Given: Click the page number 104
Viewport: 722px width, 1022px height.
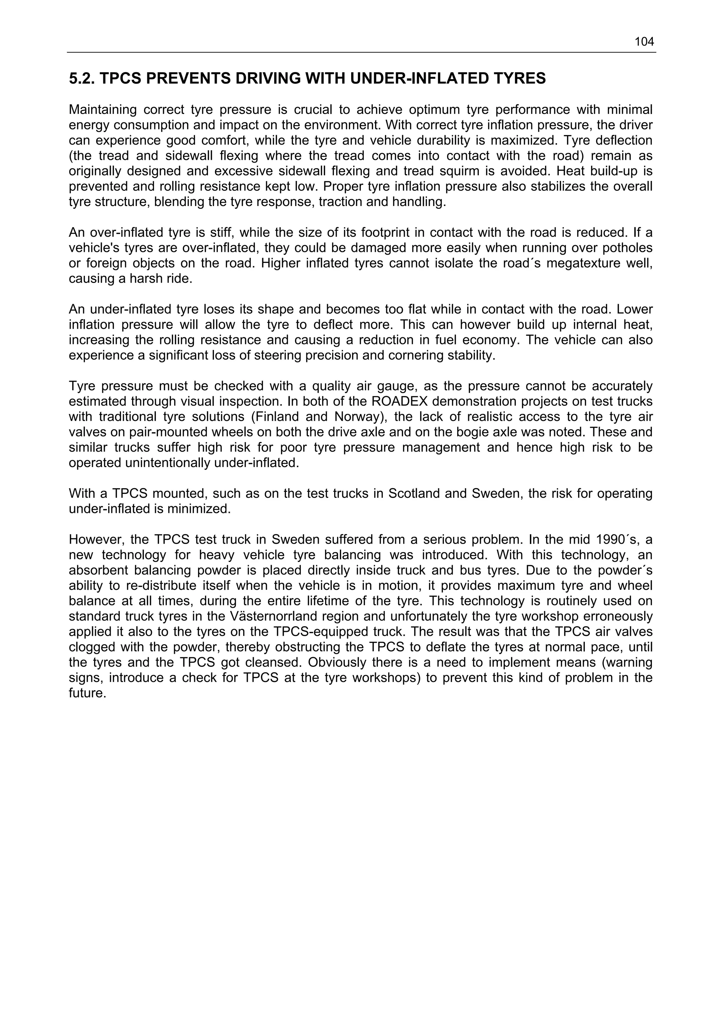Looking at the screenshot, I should (x=644, y=42).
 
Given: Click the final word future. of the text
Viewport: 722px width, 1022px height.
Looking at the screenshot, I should (x=87, y=694).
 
